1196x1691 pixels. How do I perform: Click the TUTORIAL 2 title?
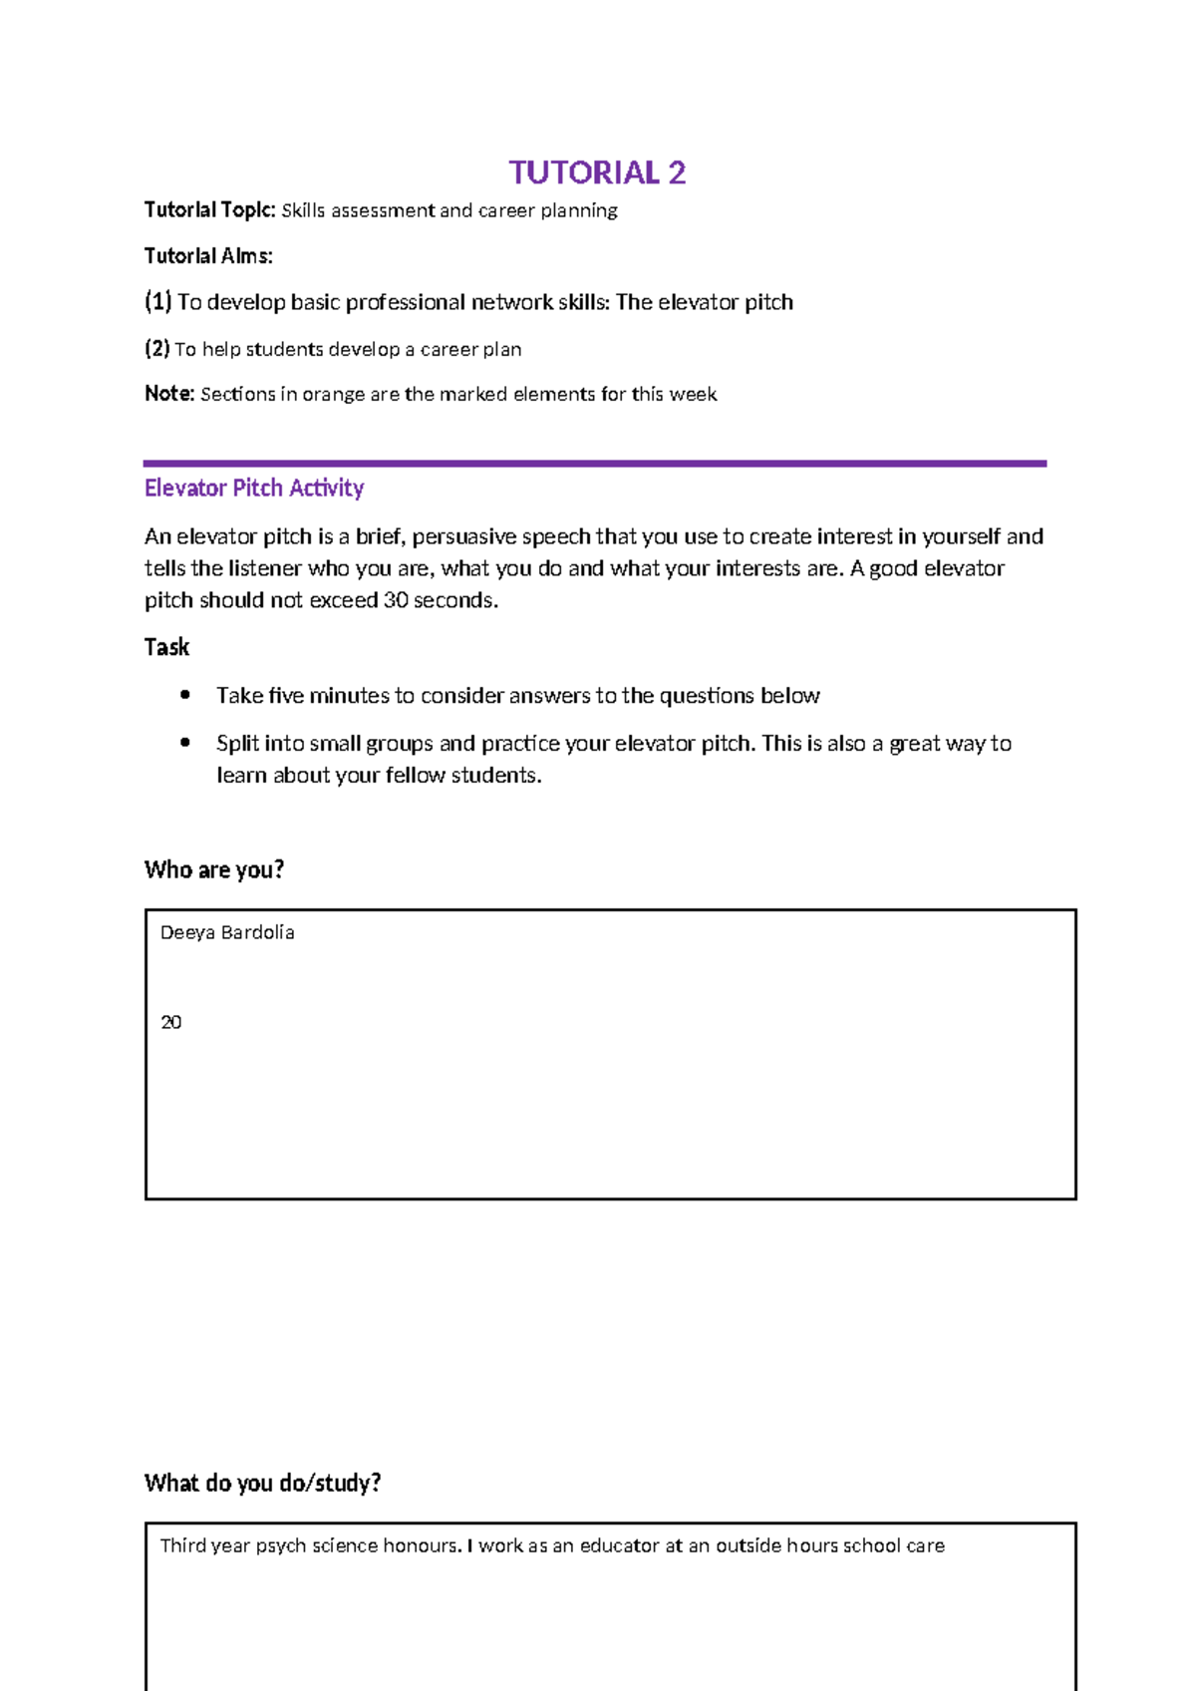point(597,172)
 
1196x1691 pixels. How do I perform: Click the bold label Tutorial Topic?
point(209,210)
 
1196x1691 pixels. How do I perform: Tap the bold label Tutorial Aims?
point(208,256)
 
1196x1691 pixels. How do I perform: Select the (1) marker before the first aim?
point(157,301)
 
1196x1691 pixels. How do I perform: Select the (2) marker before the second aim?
point(156,349)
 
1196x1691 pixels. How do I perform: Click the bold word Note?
point(169,394)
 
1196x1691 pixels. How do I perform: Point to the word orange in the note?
point(333,395)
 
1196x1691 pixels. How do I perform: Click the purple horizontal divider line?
point(594,464)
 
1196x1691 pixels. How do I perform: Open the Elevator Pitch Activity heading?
point(254,488)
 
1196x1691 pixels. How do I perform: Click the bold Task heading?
point(166,647)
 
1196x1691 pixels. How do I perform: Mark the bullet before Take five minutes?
point(184,695)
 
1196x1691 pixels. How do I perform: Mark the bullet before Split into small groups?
point(184,743)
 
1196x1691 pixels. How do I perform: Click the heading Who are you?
point(214,869)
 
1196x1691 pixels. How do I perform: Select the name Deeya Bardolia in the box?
point(227,932)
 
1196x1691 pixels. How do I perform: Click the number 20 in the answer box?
point(170,1022)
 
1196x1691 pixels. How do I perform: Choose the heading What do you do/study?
point(262,1483)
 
